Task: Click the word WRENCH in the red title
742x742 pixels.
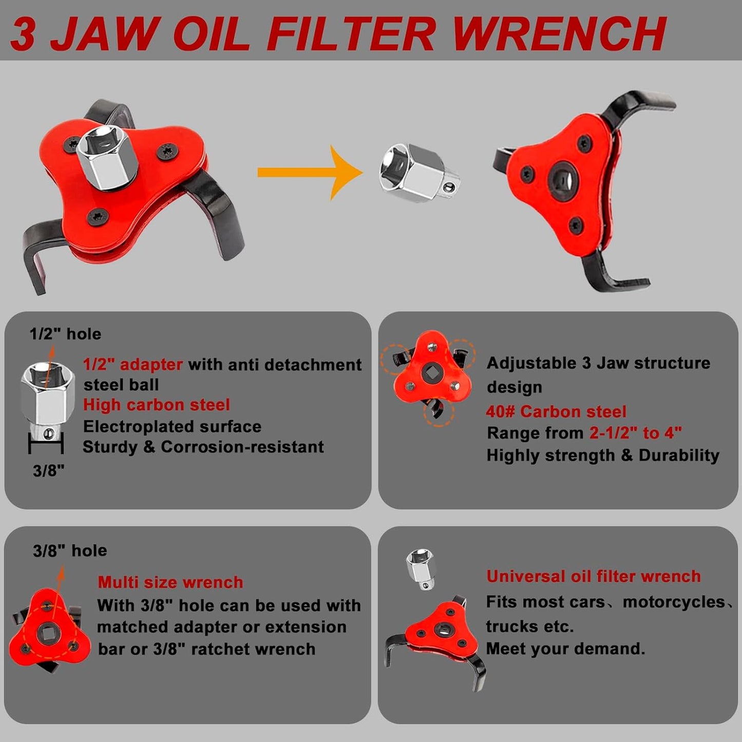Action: (559, 34)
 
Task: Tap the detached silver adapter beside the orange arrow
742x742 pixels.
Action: (418, 173)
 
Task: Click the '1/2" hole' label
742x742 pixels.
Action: (65, 334)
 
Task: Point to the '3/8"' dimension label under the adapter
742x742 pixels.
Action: (48, 470)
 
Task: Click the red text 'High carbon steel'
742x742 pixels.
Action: (157, 405)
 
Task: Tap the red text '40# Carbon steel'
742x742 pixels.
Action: (556, 412)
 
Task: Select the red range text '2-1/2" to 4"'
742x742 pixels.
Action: (635, 433)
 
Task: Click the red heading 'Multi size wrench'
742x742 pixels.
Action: (170, 582)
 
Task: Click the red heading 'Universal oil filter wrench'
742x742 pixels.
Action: (593, 577)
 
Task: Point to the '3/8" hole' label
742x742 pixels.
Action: (70, 551)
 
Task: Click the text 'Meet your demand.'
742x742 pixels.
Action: (565, 649)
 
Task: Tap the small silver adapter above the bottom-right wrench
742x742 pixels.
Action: (421, 569)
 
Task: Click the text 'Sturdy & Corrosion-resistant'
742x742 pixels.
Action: (203, 447)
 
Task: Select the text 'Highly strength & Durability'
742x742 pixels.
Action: (603, 455)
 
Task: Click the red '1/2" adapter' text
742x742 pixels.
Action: (133, 365)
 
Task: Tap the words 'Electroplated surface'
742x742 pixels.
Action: (173, 427)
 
